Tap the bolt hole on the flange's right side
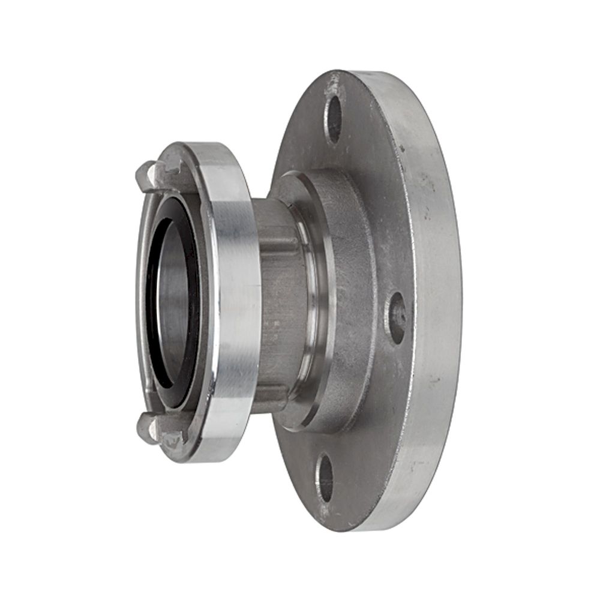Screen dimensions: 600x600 click(x=396, y=318)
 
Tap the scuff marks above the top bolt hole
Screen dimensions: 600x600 click(x=332, y=84)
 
